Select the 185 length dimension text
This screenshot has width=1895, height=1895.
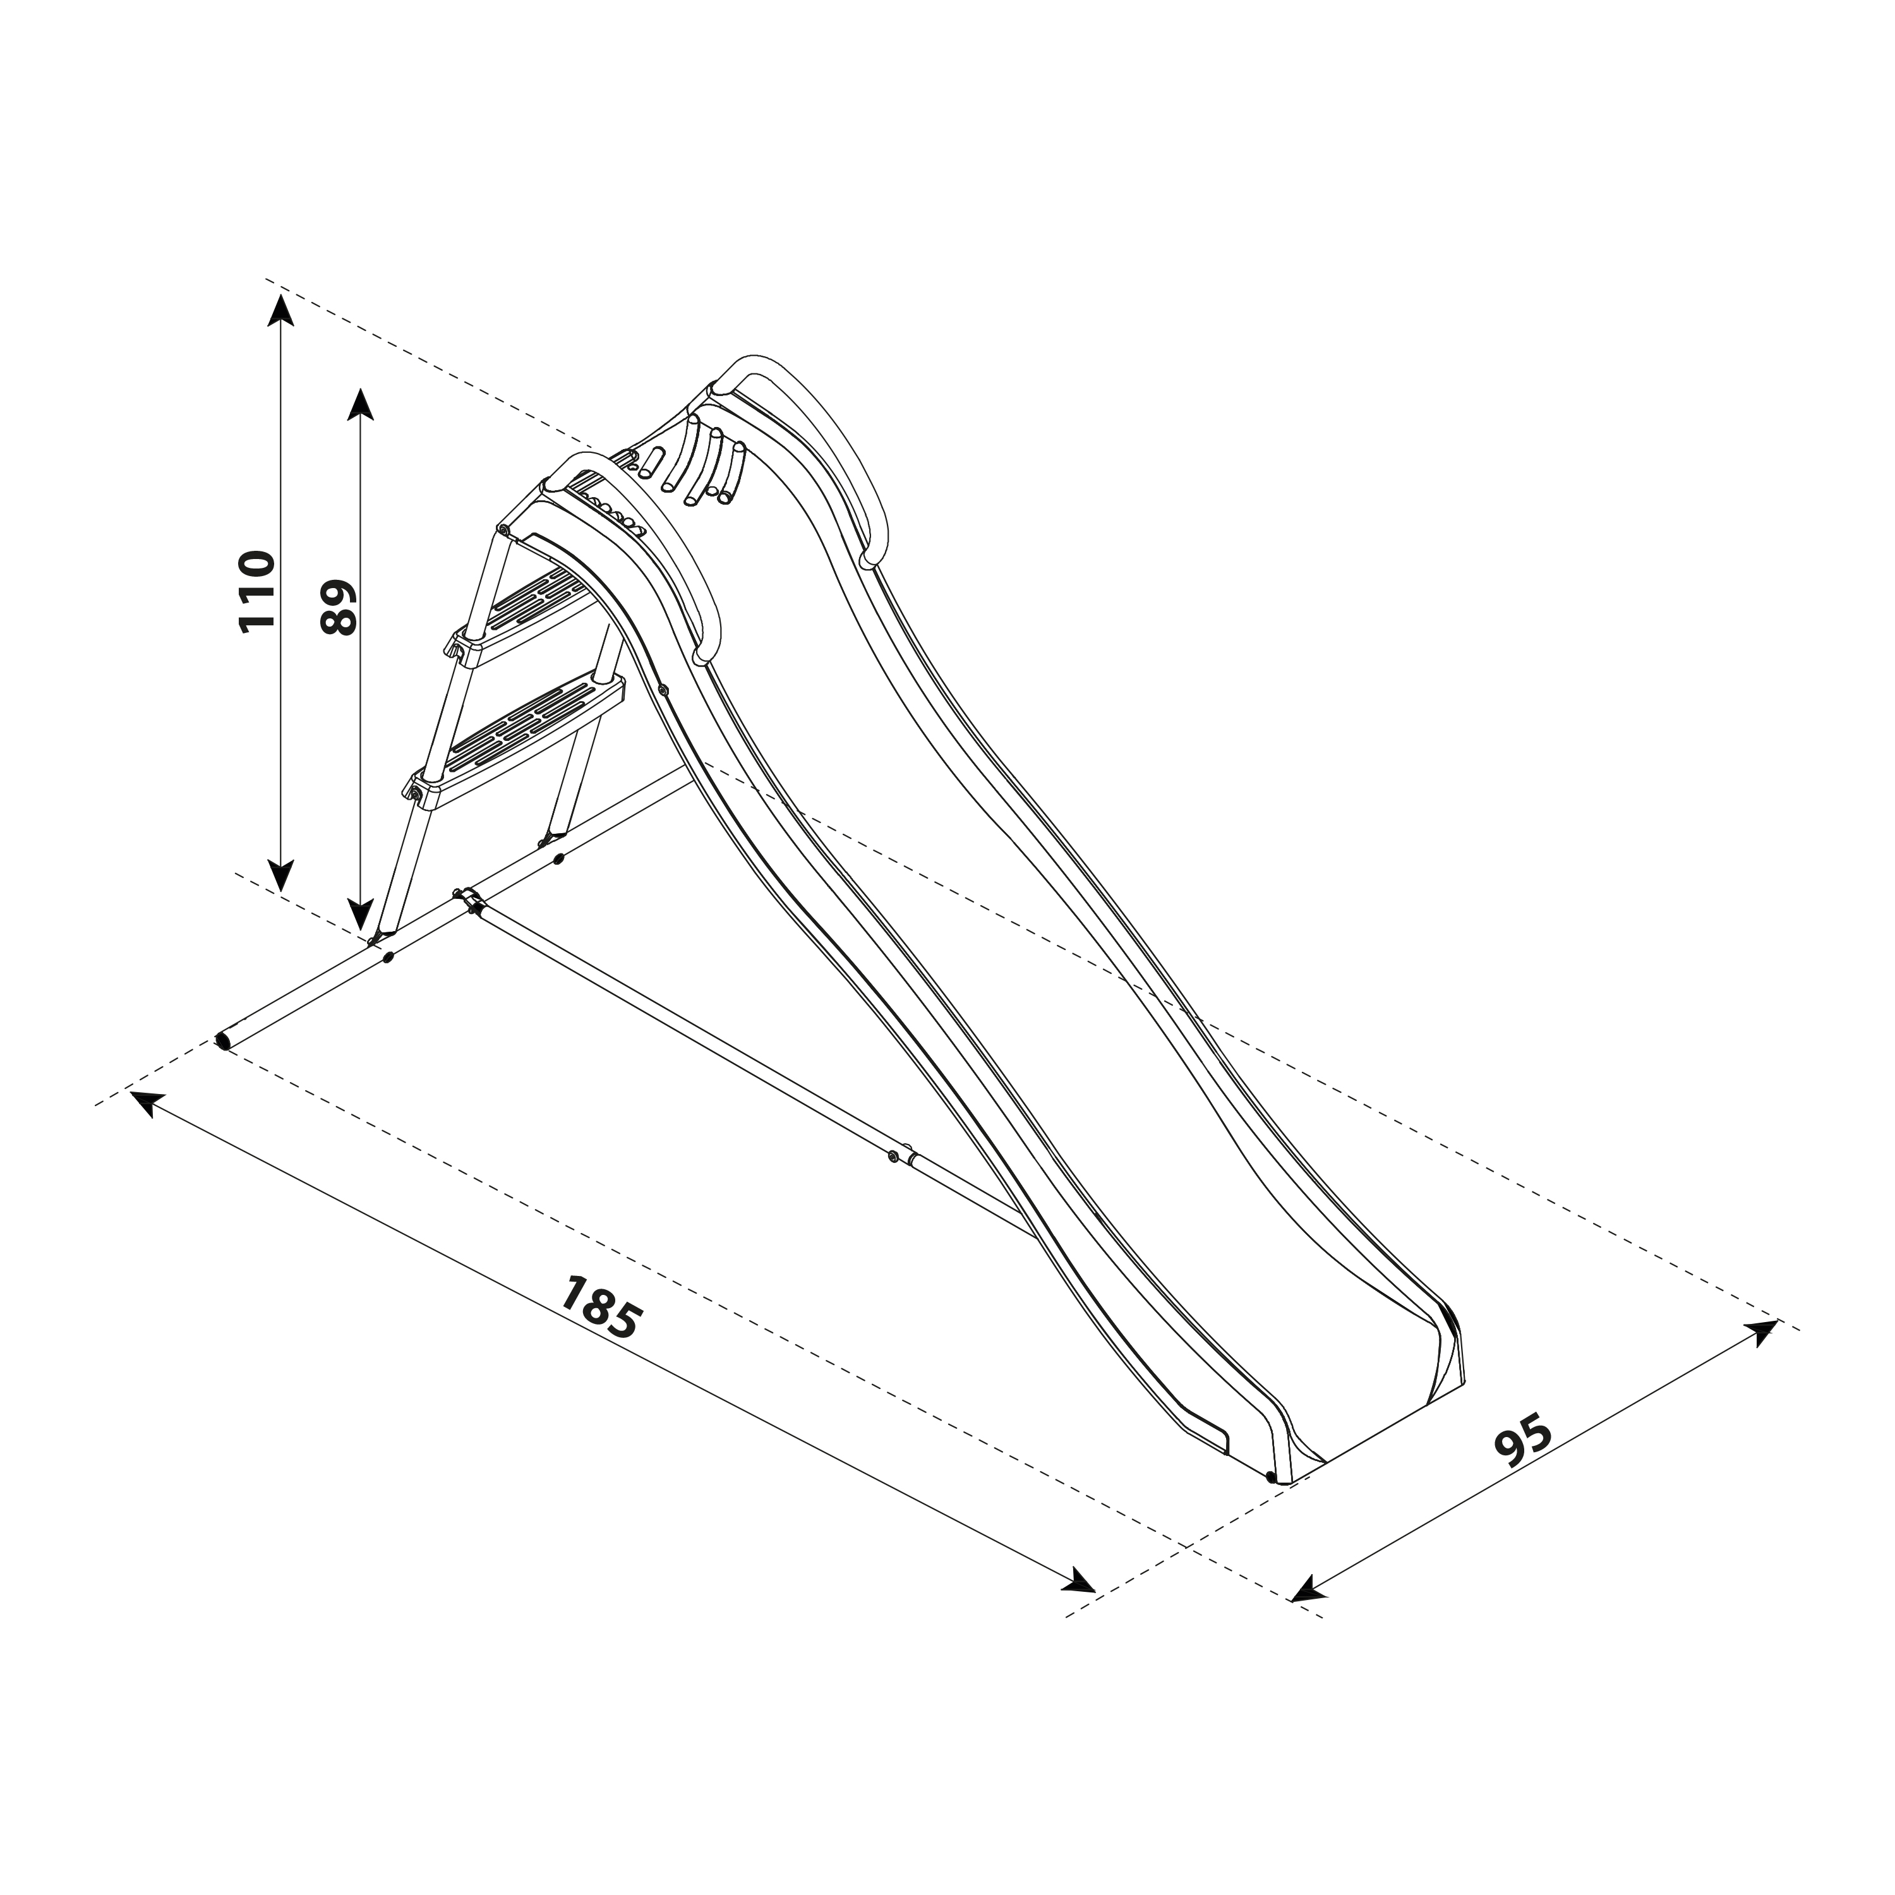click(600, 1306)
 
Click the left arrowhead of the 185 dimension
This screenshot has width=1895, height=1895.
click(142, 1102)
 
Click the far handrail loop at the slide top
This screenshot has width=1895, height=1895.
click(824, 442)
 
